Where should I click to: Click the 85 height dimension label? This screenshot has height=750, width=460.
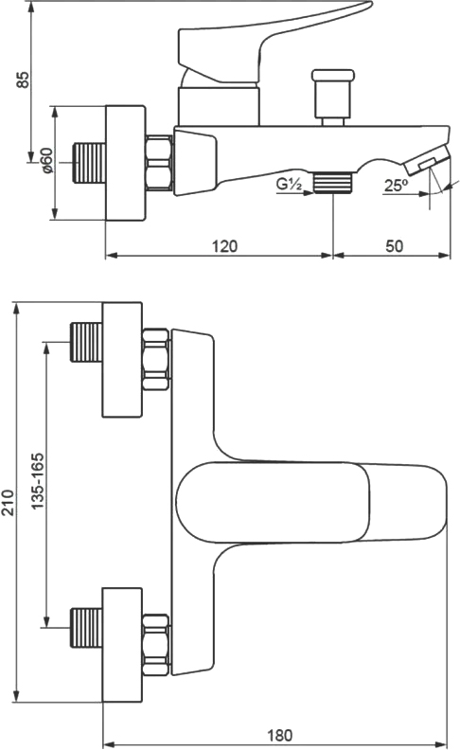pos(23,80)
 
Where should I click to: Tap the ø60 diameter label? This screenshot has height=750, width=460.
pos(47,160)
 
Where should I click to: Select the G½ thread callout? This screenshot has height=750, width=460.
pos(290,183)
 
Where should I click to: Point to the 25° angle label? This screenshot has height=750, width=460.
pos(396,185)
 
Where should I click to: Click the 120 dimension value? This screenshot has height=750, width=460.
pos(224,246)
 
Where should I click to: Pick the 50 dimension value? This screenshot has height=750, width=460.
pos(395,246)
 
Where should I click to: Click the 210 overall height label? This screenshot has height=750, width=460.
pos(9,502)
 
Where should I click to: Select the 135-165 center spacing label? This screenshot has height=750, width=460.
pos(37,481)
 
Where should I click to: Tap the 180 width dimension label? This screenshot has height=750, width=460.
pos(280,735)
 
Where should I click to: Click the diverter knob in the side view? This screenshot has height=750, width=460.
pos(333,98)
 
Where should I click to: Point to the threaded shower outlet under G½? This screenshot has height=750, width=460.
pos(333,183)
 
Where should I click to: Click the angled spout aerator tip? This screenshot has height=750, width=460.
pos(427,161)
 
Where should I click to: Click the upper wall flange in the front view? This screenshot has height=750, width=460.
pos(122,360)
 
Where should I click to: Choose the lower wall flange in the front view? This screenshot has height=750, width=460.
pos(122,645)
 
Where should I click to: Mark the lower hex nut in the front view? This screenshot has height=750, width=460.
pos(156,645)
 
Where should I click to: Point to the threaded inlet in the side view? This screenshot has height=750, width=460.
pos(89,163)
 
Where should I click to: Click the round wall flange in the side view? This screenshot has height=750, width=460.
pos(125,163)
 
